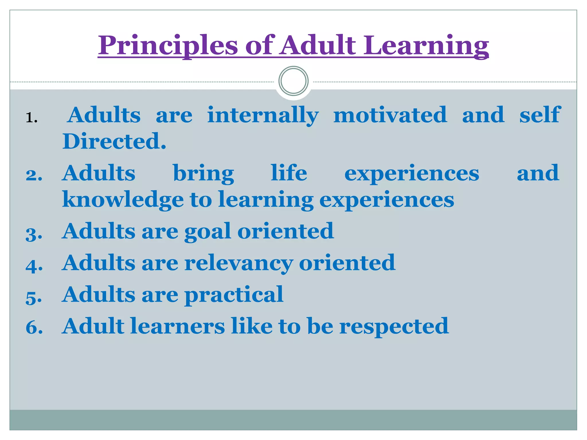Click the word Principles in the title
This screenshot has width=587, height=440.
pyautogui.click(x=168, y=46)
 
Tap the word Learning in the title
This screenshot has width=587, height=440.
pyautogui.click(x=426, y=46)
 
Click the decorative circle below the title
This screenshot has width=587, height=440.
pyautogui.click(x=293, y=81)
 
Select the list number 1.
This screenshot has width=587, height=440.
pyautogui.click(x=32, y=117)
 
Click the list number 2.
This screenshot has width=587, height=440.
pyautogui.click(x=34, y=175)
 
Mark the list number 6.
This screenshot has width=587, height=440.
pyautogui.click(x=34, y=327)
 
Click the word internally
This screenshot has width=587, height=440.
pyautogui.click(x=263, y=115)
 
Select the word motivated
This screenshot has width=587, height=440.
pyautogui.click(x=390, y=115)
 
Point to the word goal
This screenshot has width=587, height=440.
pyautogui.click(x=208, y=231)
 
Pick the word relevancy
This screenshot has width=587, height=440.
pyautogui.click(x=238, y=263)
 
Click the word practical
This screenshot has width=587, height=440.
pyautogui.click(x=234, y=295)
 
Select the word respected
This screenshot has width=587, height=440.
pyautogui.click(x=394, y=327)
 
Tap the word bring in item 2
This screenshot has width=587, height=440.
pyautogui.click(x=204, y=174)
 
